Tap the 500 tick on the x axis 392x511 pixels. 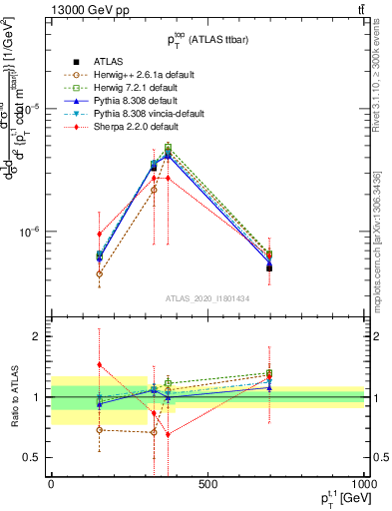(x=207, y=484)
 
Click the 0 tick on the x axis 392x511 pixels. (x=51, y=484)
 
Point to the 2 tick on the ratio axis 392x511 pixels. (x=36, y=336)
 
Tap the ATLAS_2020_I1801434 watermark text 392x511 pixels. (x=207, y=298)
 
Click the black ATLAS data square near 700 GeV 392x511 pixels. (x=269, y=267)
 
